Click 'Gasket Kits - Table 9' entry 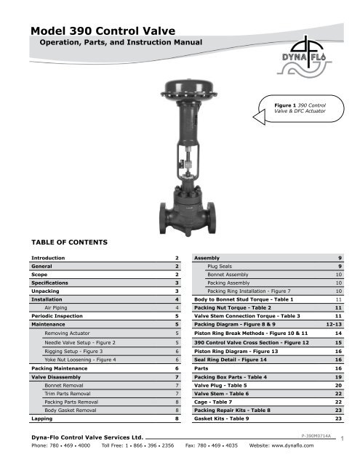222,420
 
